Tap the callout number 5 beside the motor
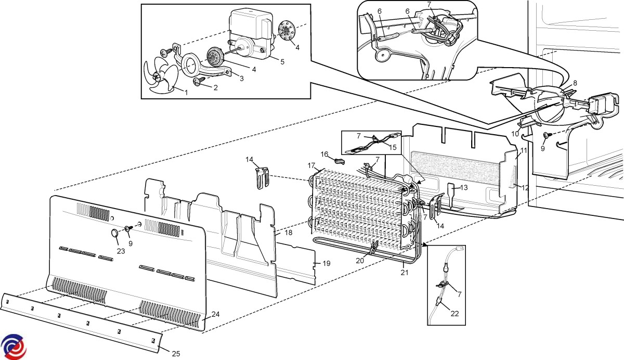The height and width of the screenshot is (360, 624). pyautogui.click(x=282, y=62)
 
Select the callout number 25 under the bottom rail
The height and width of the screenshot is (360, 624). pyautogui.click(x=176, y=354)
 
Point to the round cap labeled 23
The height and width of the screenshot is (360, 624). pyautogui.click(x=115, y=234)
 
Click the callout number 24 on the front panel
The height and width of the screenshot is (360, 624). pyautogui.click(x=216, y=314)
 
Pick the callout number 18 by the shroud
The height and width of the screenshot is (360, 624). pyautogui.click(x=288, y=233)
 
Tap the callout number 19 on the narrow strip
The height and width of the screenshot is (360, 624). pyautogui.click(x=326, y=264)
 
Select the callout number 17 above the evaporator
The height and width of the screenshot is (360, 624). pyautogui.click(x=312, y=165)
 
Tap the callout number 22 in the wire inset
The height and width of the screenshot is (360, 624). pyautogui.click(x=455, y=313)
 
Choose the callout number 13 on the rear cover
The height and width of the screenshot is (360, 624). pyautogui.click(x=464, y=188)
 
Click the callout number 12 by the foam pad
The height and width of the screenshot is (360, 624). pyautogui.click(x=525, y=187)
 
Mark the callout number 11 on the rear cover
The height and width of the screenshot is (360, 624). pyautogui.click(x=524, y=150)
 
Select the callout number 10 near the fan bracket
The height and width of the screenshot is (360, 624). pyautogui.click(x=515, y=134)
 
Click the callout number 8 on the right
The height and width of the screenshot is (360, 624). pyautogui.click(x=575, y=83)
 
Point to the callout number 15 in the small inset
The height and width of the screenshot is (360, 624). pyautogui.click(x=393, y=147)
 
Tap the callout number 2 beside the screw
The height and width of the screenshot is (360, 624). pyautogui.click(x=215, y=87)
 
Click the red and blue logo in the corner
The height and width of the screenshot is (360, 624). pyautogui.click(x=13, y=345)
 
